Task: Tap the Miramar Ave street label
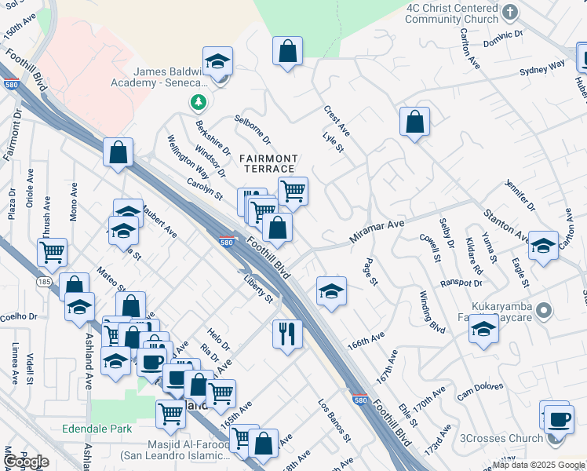click(x=377, y=229)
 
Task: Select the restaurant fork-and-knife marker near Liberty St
click(x=288, y=334)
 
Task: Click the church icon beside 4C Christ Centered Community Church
click(x=510, y=13)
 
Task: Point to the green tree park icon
click(x=199, y=102)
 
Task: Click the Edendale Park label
click(x=97, y=429)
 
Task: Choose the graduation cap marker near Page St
click(x=332, y=291)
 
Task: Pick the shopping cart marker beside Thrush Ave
click(x=53, y=253)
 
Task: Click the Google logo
click(x=27, y=461)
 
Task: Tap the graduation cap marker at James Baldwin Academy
click(x=218, y=61)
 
